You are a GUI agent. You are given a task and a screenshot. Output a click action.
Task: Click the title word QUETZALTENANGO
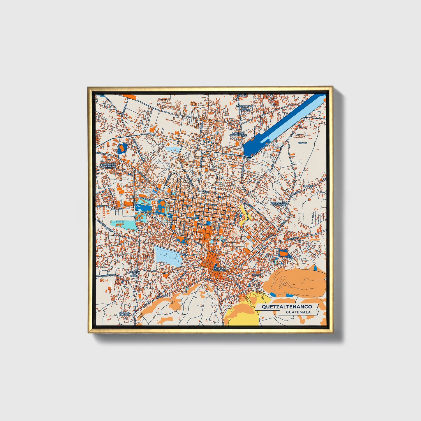pos(287,306)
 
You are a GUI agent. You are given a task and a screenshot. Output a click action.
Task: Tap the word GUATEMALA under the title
pos(298,312)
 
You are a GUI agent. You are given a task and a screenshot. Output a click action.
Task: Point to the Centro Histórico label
pos(220,269)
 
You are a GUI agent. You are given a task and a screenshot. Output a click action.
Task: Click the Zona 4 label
pos(256,274)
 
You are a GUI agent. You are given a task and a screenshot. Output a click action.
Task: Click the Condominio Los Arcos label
pos(279,204)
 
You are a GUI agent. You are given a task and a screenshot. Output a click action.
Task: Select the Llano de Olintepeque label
pos(238,134)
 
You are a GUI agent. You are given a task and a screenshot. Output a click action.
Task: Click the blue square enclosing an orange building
pos(122,149)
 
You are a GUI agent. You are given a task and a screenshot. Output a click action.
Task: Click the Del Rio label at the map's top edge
pos(242,95)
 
